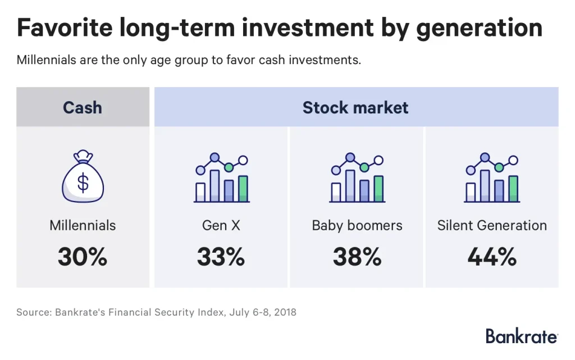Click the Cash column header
click(83, 107)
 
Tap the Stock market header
click(355, 107)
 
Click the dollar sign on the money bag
click(83, 183)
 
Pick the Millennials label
click(83, 226)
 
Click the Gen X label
click(221, 226)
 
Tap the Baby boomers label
click(357, 226)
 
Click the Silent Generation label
click(492, 226)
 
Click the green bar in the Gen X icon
click(243, 189)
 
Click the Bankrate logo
click(522, 336)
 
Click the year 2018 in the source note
click(284, 312)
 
